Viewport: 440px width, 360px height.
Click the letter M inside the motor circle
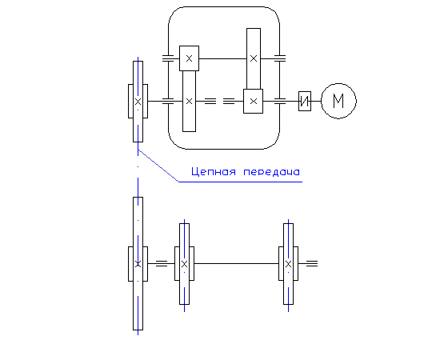tap(338, 101)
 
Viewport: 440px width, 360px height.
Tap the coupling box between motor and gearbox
tap(305, 101)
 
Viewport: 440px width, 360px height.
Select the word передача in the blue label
tap(272, 172)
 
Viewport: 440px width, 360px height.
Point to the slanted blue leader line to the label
tap(158, 166)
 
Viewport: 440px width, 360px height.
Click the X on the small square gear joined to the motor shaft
tap(254, 102)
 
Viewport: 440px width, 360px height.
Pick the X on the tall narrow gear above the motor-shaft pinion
tap(254, 58)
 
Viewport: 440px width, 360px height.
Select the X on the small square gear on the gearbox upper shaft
tap(189, 58)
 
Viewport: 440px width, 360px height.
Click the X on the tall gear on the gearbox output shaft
tap(189, 102)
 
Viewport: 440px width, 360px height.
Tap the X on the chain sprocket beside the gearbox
tap(138, 102)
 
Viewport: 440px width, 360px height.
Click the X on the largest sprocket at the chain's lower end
tap(138, 264)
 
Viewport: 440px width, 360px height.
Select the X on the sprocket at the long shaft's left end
tap(184, 264)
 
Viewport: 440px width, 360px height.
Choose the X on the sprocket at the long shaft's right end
tap(289, 264)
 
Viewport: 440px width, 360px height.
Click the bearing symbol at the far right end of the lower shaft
tap(312, 263)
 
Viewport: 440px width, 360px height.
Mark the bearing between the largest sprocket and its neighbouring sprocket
tap(162, 263)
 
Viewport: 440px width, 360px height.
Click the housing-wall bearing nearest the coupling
tap(280, 101)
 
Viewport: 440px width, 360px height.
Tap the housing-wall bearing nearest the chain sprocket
tap(168, 101)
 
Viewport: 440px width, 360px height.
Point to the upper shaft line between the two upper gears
tap(223, 58)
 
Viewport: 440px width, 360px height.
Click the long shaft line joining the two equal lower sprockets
tap(236, 263)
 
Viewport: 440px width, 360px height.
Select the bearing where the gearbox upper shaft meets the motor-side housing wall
tap(280, 58)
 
